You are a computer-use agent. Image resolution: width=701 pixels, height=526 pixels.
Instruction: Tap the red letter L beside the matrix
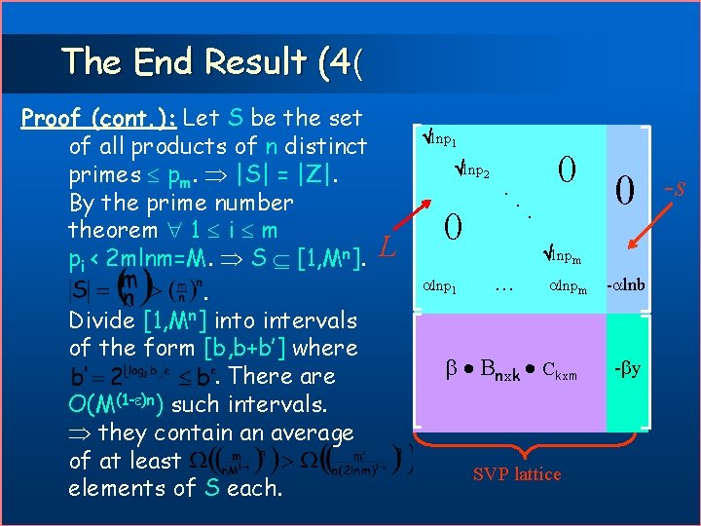[x=386, y=248]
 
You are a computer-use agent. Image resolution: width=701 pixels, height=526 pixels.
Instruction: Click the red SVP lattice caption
[x=516, y=474]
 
